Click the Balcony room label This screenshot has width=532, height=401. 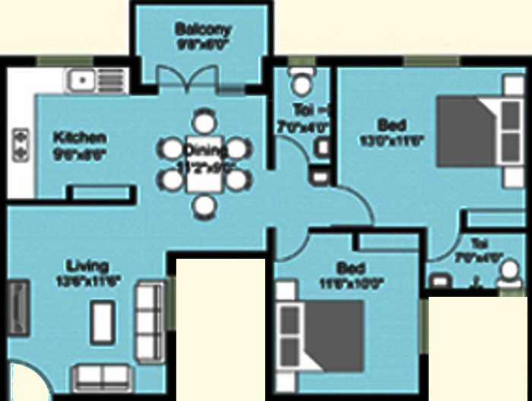pos(202,30)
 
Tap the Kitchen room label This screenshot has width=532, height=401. pos(79,138)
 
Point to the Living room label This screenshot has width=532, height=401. pos(87,266)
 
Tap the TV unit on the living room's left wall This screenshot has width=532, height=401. pos(18,307)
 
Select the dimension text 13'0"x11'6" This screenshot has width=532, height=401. pos(391,140)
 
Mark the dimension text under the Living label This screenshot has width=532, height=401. pos(87,280)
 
